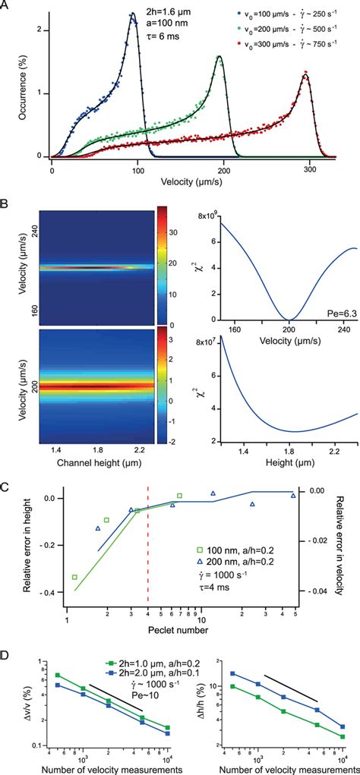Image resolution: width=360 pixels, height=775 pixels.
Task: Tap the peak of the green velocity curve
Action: (x=220, y=56)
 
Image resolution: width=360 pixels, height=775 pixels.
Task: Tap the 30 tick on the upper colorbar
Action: (x=172, y=225)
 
